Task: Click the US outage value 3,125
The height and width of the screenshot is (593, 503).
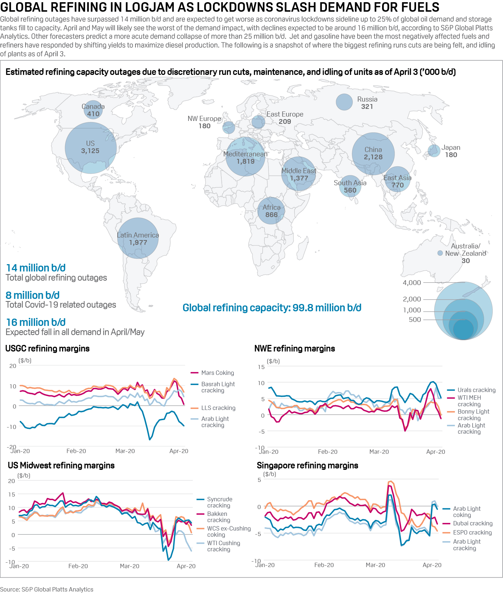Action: (x=90, y=151)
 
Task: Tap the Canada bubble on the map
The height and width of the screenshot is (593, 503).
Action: (x=93, y=110)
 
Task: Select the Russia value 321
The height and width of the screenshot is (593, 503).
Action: (x=367, y=107)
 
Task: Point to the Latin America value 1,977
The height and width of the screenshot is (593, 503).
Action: (x=138, y=243)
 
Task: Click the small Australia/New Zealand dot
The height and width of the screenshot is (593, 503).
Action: (x=440, y=253)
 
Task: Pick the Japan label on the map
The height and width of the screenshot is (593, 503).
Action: (x=451, y=148)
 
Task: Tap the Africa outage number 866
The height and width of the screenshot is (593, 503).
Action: (x=271, y=215)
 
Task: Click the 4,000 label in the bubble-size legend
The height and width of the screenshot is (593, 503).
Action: (x=412, y=283)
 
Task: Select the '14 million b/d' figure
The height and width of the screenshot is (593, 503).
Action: (x=36, y=268)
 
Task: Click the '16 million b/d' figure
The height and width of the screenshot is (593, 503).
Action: (x=36, y=322)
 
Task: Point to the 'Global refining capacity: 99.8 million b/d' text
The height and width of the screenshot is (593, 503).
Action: (x=272, y=308)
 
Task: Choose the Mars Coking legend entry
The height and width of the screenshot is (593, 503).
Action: (x=217, y=373)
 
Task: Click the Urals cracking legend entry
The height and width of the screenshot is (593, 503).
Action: (x=476, y=390)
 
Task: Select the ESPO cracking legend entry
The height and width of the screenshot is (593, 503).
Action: (x=472, y=533)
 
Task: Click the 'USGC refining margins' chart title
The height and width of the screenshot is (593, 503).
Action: (x=47, y=349)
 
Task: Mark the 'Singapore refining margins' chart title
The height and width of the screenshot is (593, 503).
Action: (x=307, y=465)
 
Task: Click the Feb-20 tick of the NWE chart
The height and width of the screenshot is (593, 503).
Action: (x=328, y=452)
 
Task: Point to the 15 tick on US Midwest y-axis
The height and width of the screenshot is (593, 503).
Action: (x=12, y=494)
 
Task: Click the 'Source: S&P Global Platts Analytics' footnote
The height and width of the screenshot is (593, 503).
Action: (x=47, y=589)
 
